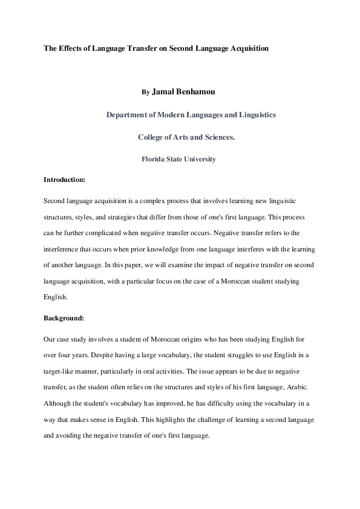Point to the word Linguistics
coord(255,115)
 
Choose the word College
coord(154,137)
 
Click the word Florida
coord(155,160)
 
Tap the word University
coord(197,160)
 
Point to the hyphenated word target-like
coord(62,369)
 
